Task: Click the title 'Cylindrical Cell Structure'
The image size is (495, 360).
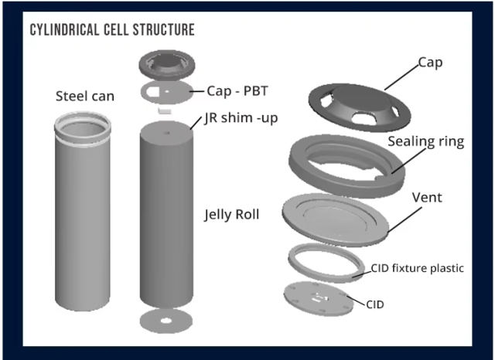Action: coord(111,30)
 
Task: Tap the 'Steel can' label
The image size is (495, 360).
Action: coord(85,97)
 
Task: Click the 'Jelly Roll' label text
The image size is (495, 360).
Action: coord(232,214)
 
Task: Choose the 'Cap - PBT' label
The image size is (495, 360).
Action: coord(240,90)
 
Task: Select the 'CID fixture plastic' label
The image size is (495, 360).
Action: coord(418,268)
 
